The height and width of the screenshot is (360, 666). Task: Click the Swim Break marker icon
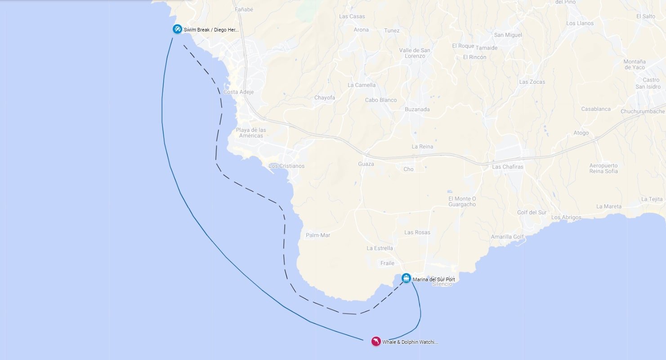click(x=178, y=29)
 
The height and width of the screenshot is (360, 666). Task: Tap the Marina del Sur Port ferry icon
click(x=406, y=278)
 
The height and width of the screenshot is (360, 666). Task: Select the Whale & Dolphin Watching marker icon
click(x=376, y=342)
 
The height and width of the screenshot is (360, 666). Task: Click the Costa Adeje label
click(x=238, y=92)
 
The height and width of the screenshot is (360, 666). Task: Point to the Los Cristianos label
click(x=286, y=166)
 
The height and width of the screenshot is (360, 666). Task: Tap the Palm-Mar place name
click(x=318, y=235)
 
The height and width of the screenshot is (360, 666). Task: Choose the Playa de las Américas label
click(x=251, y=133)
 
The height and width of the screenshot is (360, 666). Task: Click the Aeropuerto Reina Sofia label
click(x=603, y=168)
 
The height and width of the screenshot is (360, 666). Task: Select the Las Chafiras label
click(x=508, y=166)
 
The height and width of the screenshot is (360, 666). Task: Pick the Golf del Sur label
click(x=532, y=212)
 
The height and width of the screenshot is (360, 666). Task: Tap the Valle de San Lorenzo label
click(x=415, y=53)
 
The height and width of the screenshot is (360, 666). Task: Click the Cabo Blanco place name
click(x=381, y=100)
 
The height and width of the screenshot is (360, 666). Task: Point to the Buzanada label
click(x=417, y=109)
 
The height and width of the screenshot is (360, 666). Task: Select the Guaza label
click(x=366, y=164)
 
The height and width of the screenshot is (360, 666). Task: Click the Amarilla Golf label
click(x=507, y=237)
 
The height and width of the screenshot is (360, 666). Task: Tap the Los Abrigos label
click(x=566, y=217)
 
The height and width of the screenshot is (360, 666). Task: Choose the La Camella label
click(x=362, y=85)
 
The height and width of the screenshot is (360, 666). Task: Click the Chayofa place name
click(x=324, y=98)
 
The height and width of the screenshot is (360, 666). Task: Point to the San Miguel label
click(x=508, y=35)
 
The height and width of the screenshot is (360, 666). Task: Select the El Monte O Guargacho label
click(x=462, y=202)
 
